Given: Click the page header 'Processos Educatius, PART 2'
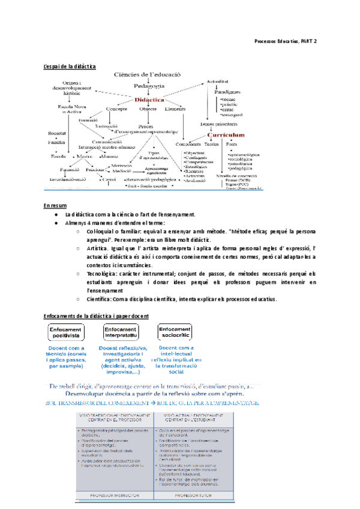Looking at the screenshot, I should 286,40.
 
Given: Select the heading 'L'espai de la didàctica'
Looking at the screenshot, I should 70,66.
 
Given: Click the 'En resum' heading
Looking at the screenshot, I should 55,205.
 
